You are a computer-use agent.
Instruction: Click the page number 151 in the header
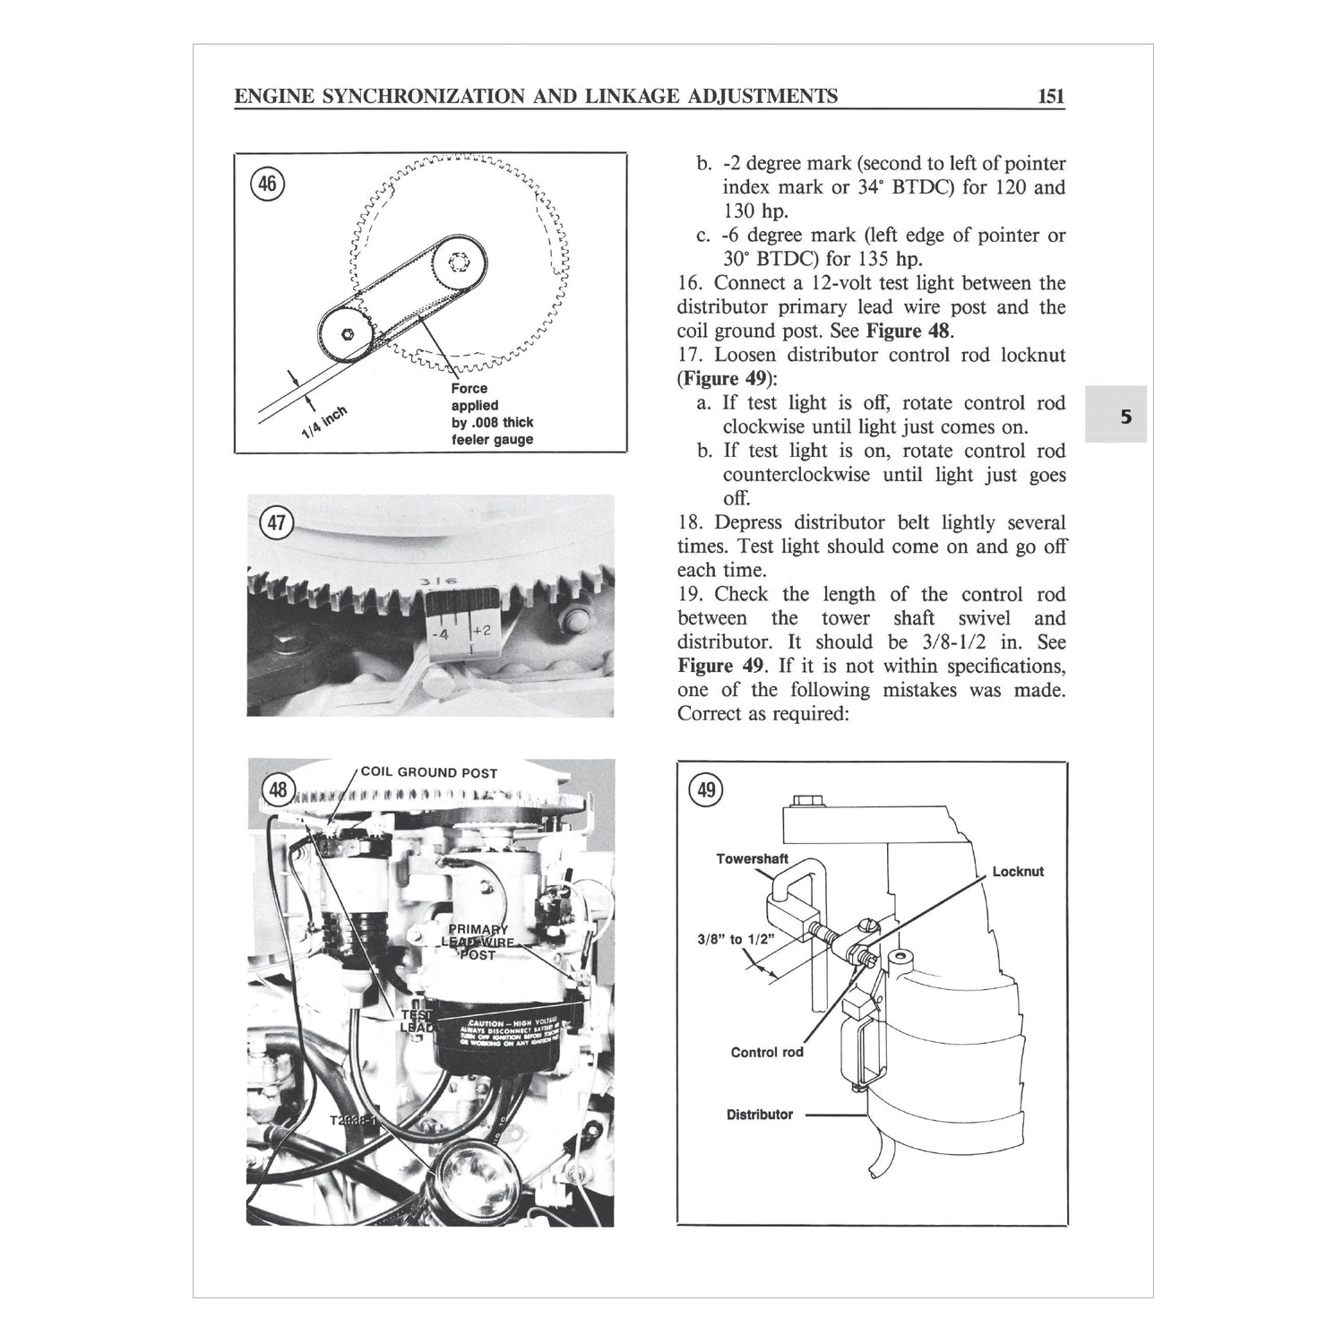pos(1050,96)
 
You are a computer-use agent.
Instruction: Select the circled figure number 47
pos(277,522)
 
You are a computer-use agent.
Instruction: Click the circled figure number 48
pos(279,789)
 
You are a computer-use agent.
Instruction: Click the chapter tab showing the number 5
pos(1125,416)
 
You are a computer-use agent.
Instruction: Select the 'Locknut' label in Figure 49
pos(1018,871)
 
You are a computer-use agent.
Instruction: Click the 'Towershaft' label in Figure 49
pos(752,858)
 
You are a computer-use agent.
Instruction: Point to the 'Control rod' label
pos(767,1052)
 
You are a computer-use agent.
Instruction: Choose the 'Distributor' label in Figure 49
pos(759,1115)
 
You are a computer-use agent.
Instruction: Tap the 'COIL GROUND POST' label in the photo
pos(428,772)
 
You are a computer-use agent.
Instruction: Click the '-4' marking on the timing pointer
pos(441,635)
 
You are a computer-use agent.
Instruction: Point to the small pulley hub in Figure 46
pos(349,333)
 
